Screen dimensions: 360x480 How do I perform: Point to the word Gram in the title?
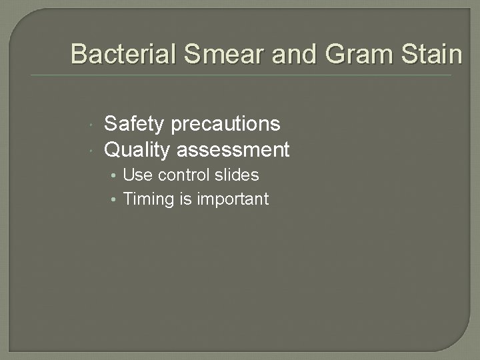pyautogui.click(x=353, y=54)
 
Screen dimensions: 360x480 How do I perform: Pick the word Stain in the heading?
pyautogui.click(x=431, y=54)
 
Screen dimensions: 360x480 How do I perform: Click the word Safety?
pyautogui.click(x=135, y=124)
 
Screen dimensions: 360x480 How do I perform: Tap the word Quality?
pyautogui.click(x=137, y=150)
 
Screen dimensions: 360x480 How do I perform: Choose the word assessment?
pyautogui.click(x=233, y=150)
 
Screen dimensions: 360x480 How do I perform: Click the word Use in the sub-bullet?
pyautogui.click(x=138, y=175)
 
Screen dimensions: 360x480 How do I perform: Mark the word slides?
pyautogui.click(x=236, y=175)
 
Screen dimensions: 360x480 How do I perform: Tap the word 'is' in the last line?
pyautogui.click(x=185, y=199)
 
